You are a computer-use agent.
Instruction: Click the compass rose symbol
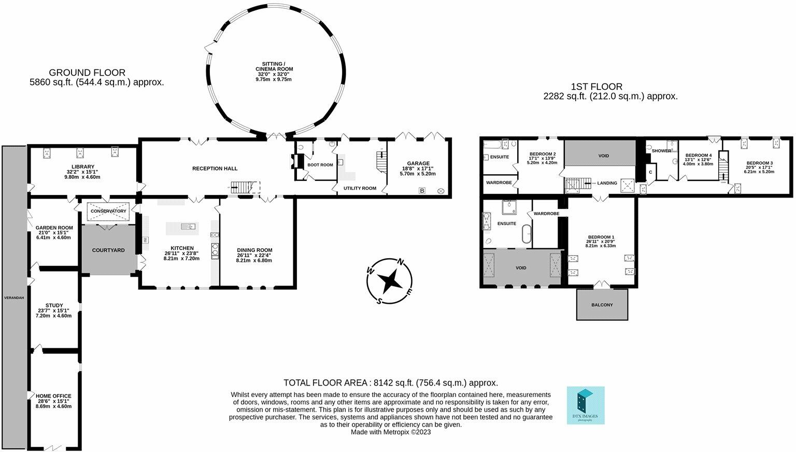[x=389, y=281]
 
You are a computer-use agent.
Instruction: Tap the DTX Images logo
[x=586, y=405]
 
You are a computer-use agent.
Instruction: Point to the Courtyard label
[x=108, y=250]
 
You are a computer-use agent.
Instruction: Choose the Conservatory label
[x=108, y=211]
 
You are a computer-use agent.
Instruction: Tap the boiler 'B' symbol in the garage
[x=422, y=191]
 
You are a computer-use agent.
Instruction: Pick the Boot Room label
[x=320, y=165]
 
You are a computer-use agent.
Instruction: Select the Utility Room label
[x=360, y=188]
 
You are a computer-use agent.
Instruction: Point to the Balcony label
[x=602, y=305]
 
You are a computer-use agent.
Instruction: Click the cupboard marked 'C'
[x=650, y=172]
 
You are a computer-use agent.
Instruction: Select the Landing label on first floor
[x=607, y=183]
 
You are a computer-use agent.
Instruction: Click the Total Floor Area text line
[x=390, y=383]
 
